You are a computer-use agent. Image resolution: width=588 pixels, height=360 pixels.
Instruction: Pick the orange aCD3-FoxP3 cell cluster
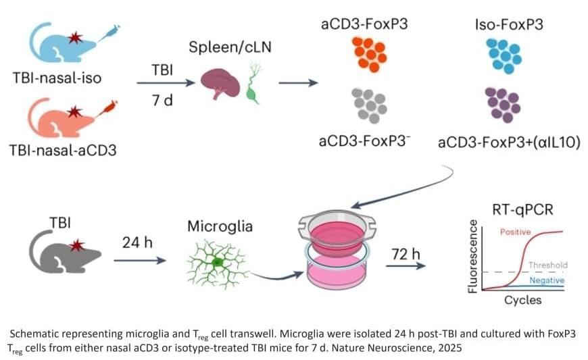click(x=368, y=54)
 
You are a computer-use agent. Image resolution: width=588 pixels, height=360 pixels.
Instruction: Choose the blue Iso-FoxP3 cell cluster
click(x=504, y=54)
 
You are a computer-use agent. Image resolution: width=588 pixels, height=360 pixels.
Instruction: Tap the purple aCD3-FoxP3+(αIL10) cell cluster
click(x=504, y=105)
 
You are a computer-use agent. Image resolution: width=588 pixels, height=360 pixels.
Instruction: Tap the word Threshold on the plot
click(x=547, y=265)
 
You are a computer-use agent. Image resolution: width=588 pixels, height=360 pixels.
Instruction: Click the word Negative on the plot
click(x=547, y=280)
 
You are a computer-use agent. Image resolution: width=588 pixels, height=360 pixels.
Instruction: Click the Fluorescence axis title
click(x=474, y=256)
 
